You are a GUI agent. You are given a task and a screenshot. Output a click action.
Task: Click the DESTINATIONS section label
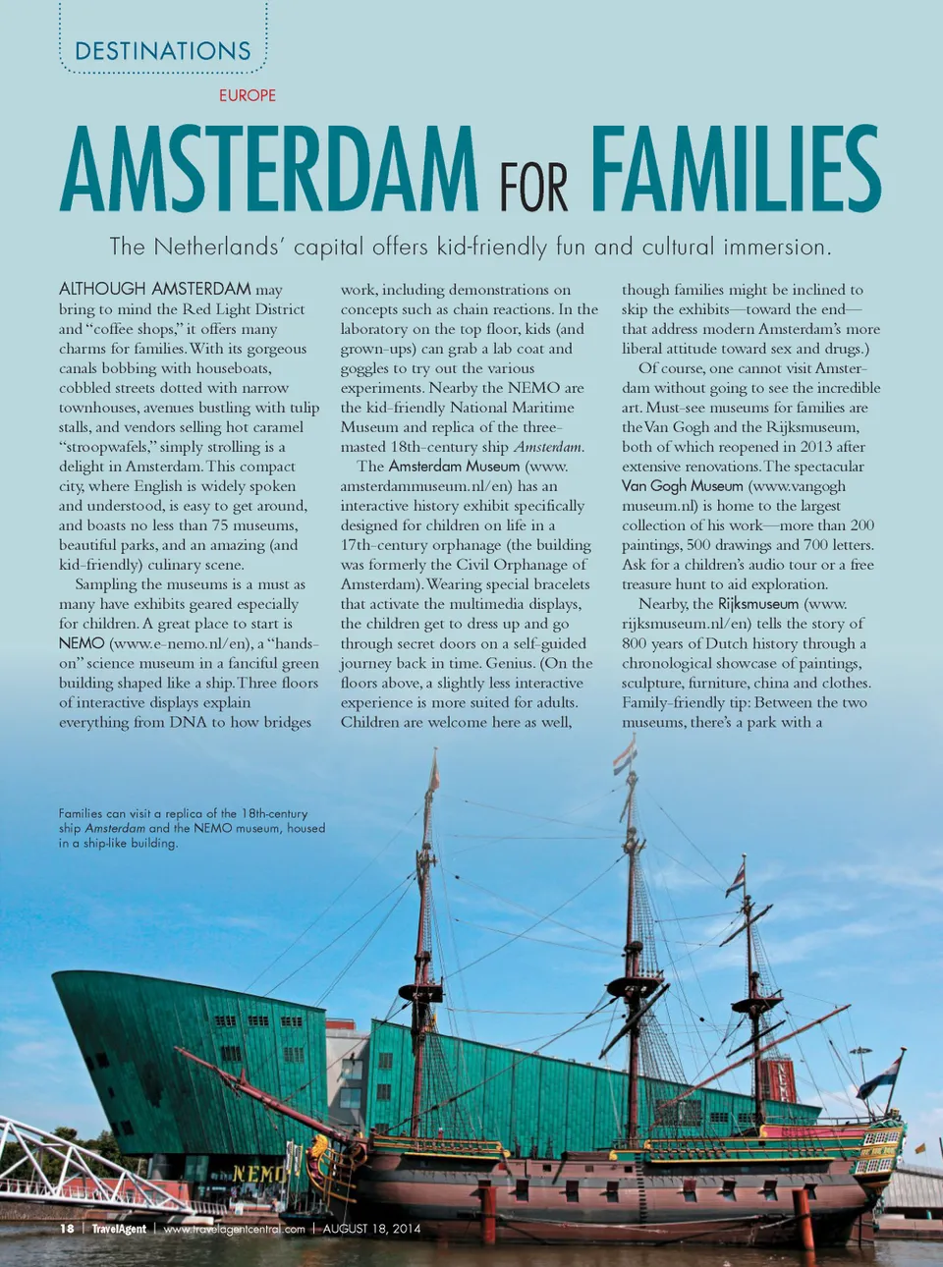coord(163,51)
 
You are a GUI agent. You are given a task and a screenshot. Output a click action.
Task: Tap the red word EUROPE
coord(248,95)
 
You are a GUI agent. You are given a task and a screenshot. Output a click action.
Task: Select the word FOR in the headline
coord(533,188)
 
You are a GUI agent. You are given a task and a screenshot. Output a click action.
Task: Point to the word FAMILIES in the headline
coord(736,170)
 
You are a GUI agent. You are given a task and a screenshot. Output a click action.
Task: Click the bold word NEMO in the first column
coord(82,643)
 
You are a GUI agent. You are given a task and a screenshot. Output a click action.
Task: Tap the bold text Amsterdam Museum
coord(454,467)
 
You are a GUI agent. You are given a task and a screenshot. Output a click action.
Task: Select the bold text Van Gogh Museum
coord(683,486)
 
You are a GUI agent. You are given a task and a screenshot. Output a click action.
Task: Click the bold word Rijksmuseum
coord(758,604)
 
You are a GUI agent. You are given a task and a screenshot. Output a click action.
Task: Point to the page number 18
coord(67,1229)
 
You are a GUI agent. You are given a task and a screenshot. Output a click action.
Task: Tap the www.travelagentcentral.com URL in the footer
coord(234,1229)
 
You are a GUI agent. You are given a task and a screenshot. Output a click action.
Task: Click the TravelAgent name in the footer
coord(119,1229)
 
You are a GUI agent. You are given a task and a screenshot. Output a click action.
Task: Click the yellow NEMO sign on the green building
coord(258,1174)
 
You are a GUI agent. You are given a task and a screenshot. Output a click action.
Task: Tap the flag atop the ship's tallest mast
coord(625,756)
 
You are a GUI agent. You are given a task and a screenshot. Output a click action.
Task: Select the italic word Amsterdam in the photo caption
coord(115,828)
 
